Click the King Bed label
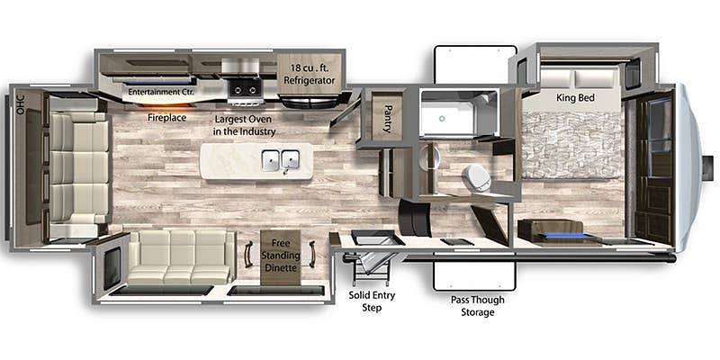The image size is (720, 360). coord(575,98)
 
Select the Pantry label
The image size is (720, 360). coord(387,118)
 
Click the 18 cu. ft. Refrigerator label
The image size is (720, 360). coord(309,75)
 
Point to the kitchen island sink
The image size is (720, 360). coord(280,160)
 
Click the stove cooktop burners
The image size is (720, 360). coord(246,87)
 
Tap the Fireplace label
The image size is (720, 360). coord(166,118)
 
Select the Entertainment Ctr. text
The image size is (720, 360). coord(161,92)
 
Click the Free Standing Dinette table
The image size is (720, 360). coord(280,257)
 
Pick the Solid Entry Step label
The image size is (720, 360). coord(372,301)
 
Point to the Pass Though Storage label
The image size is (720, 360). coord(477,306)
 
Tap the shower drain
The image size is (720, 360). coord(442,119)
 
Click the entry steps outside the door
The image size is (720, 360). coord(370,267)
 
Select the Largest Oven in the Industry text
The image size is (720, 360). coord(244,125)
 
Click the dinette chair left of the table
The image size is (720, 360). coord(248,254)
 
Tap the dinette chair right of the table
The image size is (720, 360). coord(312,254)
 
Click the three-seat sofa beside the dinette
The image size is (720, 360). coord(181,257)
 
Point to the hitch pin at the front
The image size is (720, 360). coord(707,162)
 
